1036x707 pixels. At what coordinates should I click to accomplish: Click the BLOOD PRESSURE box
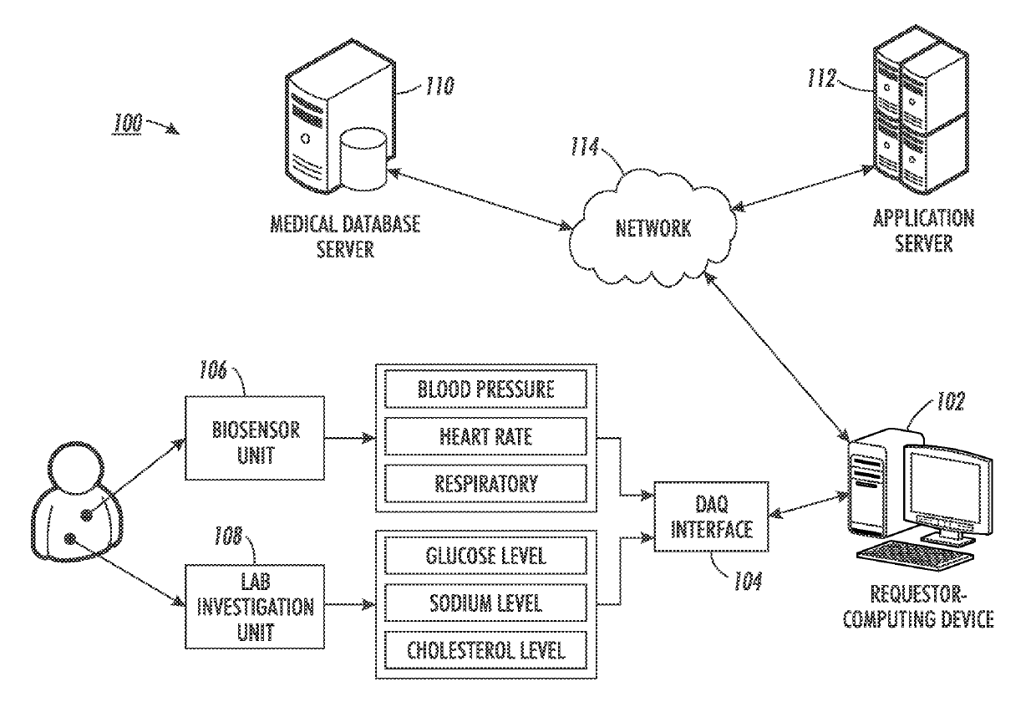point(485,389)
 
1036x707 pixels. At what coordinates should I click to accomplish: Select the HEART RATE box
point(485,436)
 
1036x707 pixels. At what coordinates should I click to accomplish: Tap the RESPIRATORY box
point(485,483)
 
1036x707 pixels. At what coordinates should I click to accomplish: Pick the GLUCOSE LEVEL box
point(485,555)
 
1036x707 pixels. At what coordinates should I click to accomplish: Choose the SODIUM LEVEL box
point(485,602)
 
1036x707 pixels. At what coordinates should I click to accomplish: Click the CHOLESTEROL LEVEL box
point(485,649)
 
